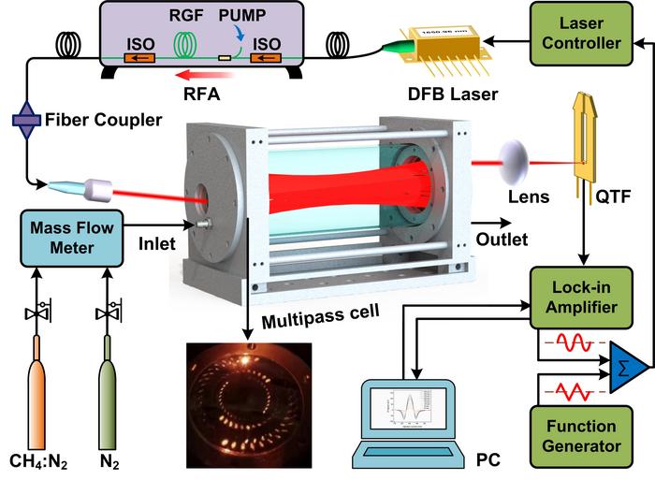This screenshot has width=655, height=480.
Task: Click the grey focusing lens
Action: [515, 165]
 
